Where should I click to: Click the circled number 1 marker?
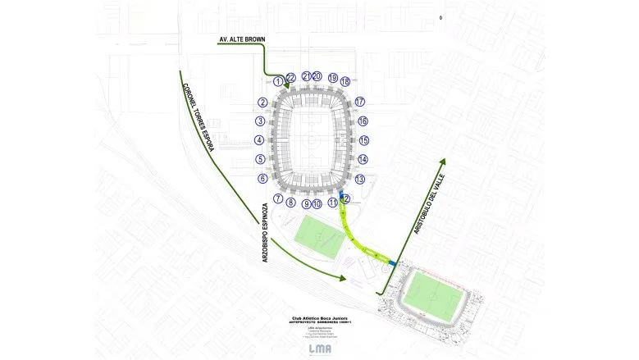click(x=280, y=81)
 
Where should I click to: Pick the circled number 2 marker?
click(x=262, y=103)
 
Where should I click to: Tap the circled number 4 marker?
click(x=260, y=140)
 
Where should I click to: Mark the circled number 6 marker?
click(x=262, y=178)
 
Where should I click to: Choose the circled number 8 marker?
click(x=290, y=202)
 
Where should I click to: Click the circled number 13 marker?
click(x=360, y=179)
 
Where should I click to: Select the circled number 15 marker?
click(x=364, y=140)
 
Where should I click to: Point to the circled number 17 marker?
click(x=359, y=102)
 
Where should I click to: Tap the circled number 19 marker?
click(x=332, y=78)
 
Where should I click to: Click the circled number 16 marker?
click(x=363, y=121)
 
